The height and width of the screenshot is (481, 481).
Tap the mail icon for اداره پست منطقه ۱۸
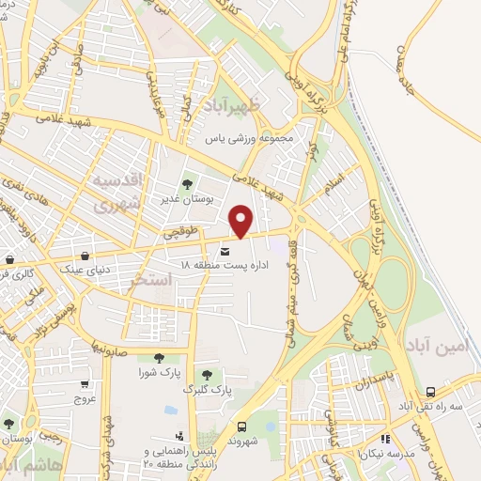(225, 251)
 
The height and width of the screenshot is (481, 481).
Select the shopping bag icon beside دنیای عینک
(85, 255)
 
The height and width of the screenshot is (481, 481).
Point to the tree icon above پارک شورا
(158, 357)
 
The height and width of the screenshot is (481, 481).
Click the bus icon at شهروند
(243, 426)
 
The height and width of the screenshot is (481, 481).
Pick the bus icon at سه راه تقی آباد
(430, 392)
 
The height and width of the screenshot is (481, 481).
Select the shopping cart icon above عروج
(85, 383)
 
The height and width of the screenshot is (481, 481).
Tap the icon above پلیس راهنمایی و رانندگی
(178, 436)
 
